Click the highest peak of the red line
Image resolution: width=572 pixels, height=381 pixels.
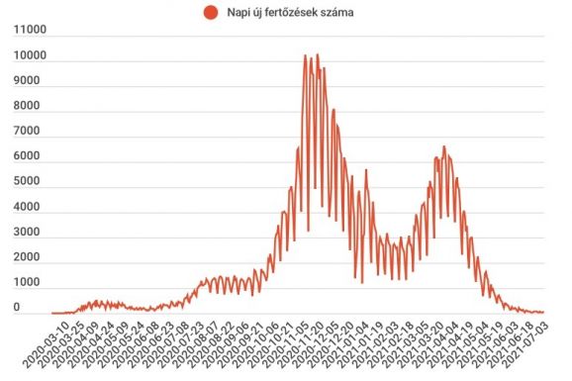coord(317,55)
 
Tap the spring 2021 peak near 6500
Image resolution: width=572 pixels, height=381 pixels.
coord(444,146)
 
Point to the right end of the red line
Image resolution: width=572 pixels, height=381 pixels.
coord(543,312)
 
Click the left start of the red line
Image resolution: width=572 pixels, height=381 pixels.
coord(52,313)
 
